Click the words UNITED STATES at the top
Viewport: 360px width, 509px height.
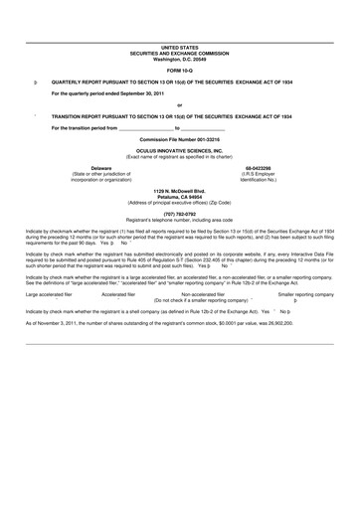pyautogui.click(x=180, y=47)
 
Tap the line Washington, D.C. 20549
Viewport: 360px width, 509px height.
pyautogui.click(x=180, y=57)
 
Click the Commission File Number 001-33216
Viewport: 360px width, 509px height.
pyautogui.click(x=180, y=139)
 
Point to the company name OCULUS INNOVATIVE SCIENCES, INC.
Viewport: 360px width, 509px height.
pyautogui.click(x=180, y=150)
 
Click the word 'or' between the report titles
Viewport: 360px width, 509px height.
pyautogui.click(x=180, y=104)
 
